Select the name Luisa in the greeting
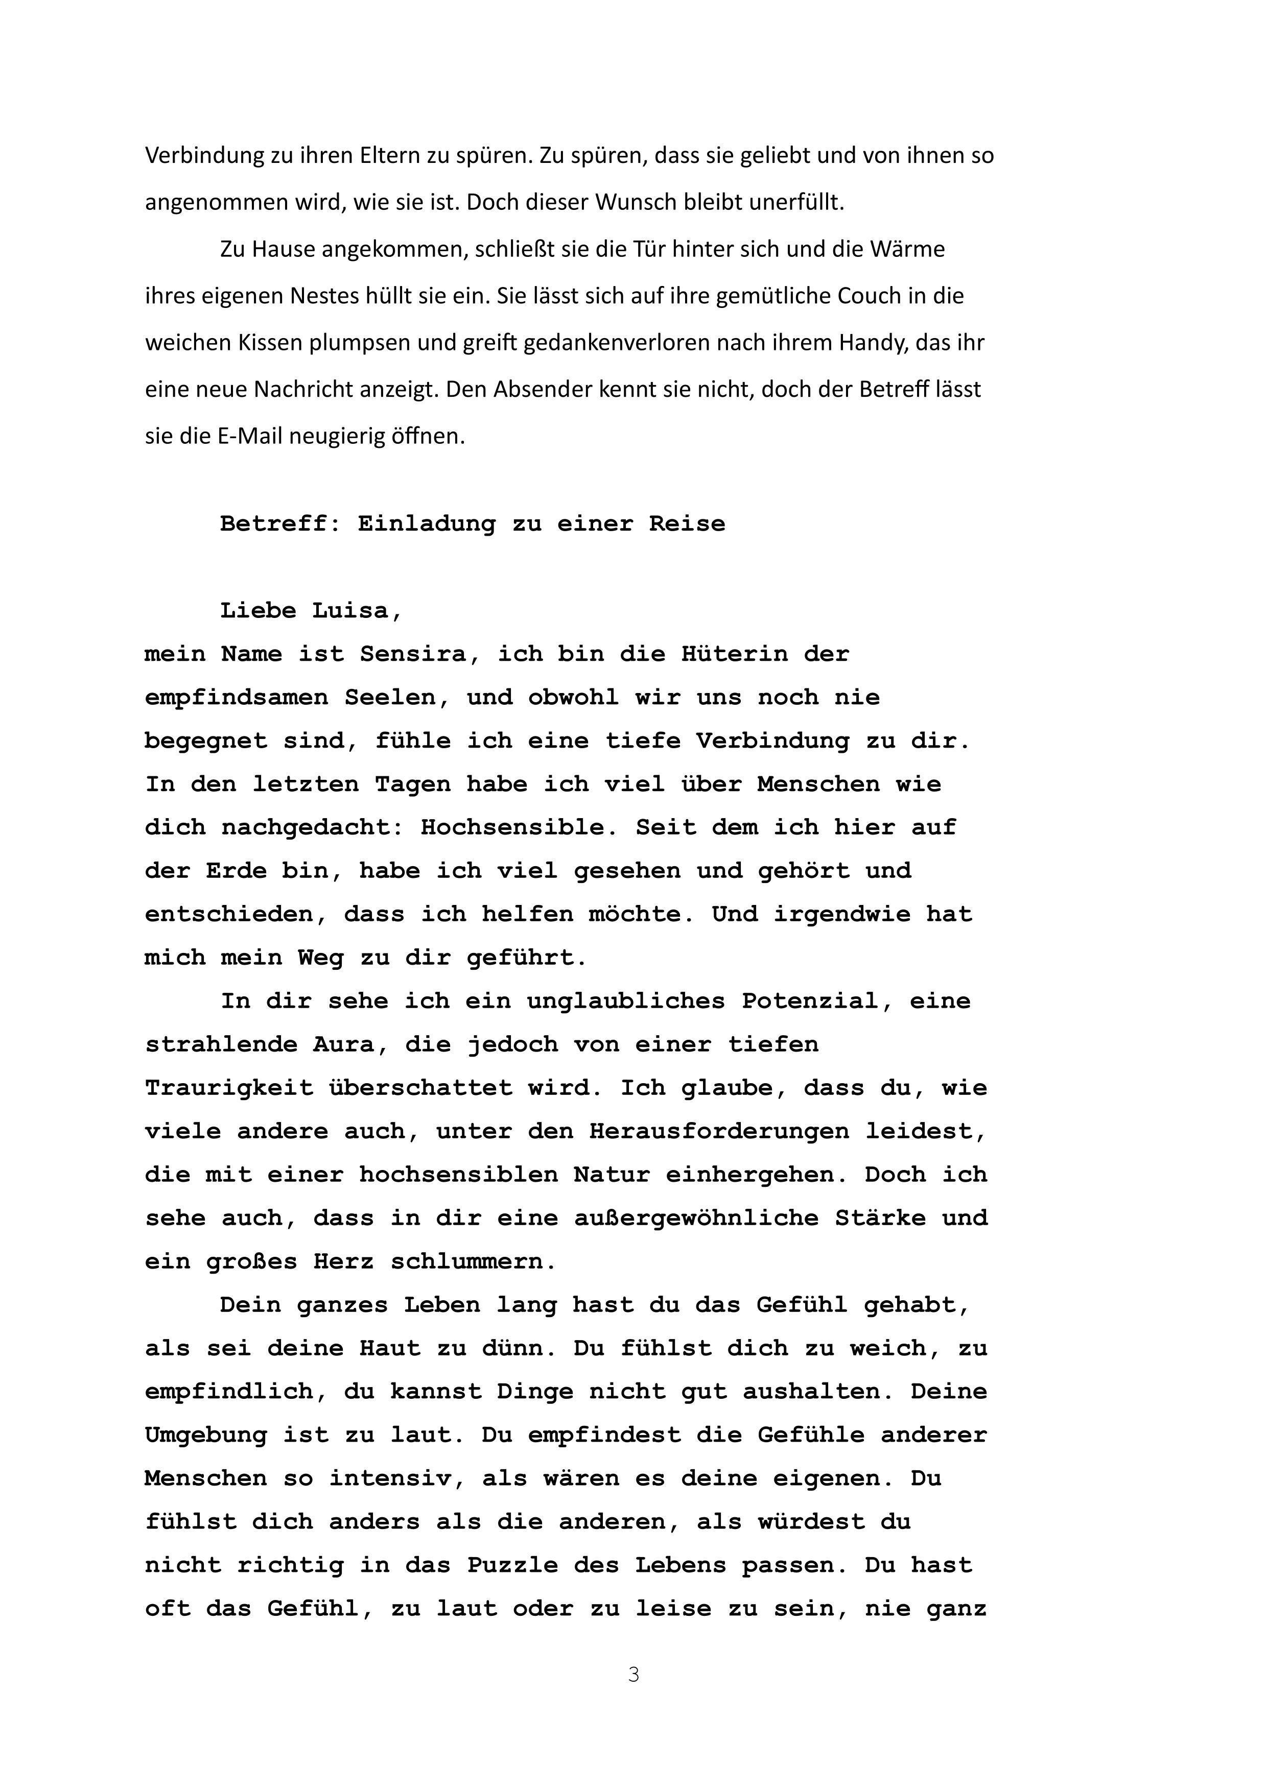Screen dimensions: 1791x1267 pos(357,611)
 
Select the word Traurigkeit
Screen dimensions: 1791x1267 pos(229,1088)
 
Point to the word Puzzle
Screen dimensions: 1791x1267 pos(512,1565)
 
